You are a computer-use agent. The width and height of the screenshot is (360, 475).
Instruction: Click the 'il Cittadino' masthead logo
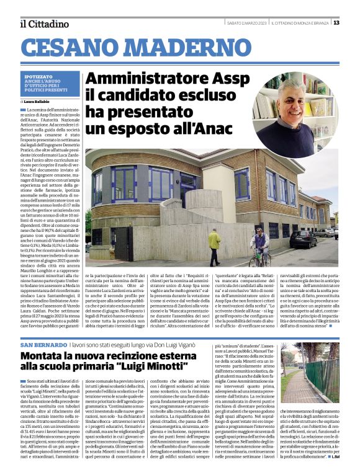(x=43, y=24)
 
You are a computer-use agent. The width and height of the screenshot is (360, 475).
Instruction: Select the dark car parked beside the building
(x=302, y=239)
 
